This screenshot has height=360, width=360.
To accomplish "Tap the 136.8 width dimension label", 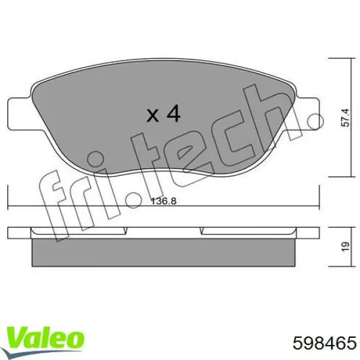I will click(x=163, y=202).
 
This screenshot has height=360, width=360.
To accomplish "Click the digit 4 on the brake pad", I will click(x=173, y=113).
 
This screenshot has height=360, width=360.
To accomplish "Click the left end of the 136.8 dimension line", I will click(x=8, y=208).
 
